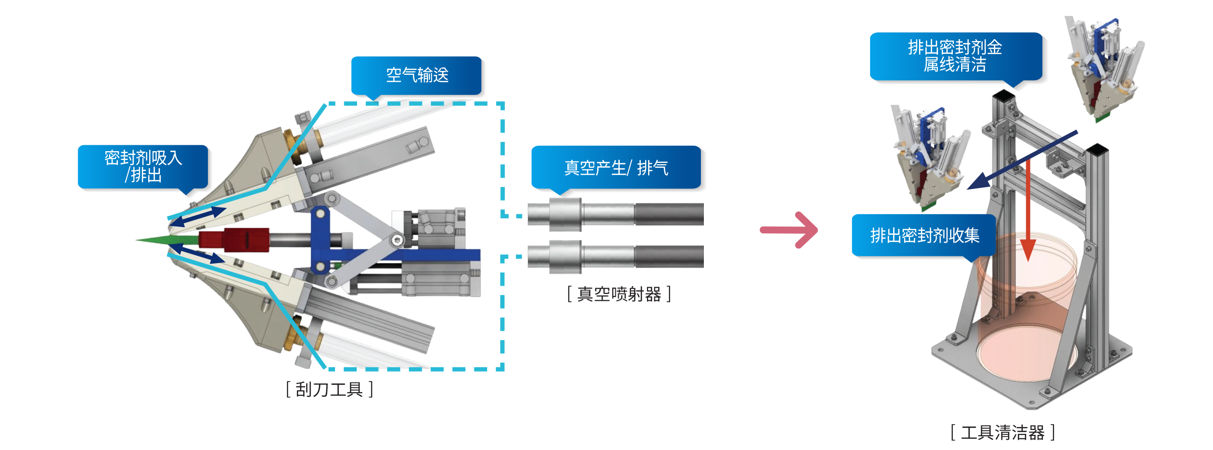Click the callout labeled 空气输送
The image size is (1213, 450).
(x=417, y=75)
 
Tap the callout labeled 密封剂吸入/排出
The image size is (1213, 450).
(x=143, y=166)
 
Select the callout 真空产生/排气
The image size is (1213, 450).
(x=616, y=168)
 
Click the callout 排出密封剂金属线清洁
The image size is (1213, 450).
(x=955, y=56)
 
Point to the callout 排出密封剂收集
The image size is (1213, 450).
(x=924, y=235)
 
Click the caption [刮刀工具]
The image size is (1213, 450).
(x=329, y=389)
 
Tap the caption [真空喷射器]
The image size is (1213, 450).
(x=619, y=294)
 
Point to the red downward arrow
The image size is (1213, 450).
(x=1028, y=210)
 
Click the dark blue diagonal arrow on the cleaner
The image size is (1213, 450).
(x=1022, y=160)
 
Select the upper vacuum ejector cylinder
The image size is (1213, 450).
(x=615, y=214)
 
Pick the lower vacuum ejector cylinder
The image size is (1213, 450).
(x=615, y=256)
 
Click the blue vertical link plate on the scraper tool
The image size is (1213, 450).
(x=320, y=240)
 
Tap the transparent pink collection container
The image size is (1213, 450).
(x=1027, y=313)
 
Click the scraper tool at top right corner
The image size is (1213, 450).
(x=1105, y=68)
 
